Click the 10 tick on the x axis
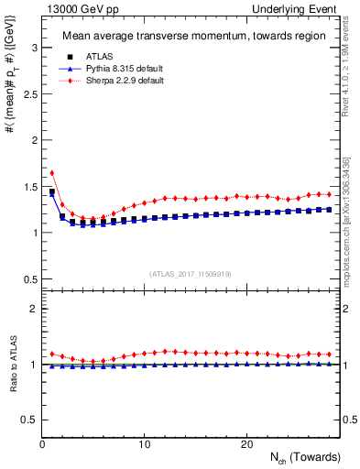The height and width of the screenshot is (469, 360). coord(145,444)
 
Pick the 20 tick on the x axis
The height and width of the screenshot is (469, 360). coord(246,444)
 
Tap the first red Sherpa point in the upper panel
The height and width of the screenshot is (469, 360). coord(52,172)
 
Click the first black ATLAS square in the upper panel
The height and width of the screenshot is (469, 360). coord(52,192)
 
